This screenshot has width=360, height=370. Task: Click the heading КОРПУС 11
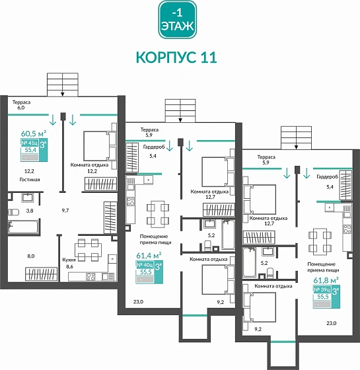pos(176,57)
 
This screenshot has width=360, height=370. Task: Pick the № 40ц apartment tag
pos(144,265)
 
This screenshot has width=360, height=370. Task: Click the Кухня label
pos(69,260)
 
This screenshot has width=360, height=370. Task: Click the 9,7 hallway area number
pos(65,209)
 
